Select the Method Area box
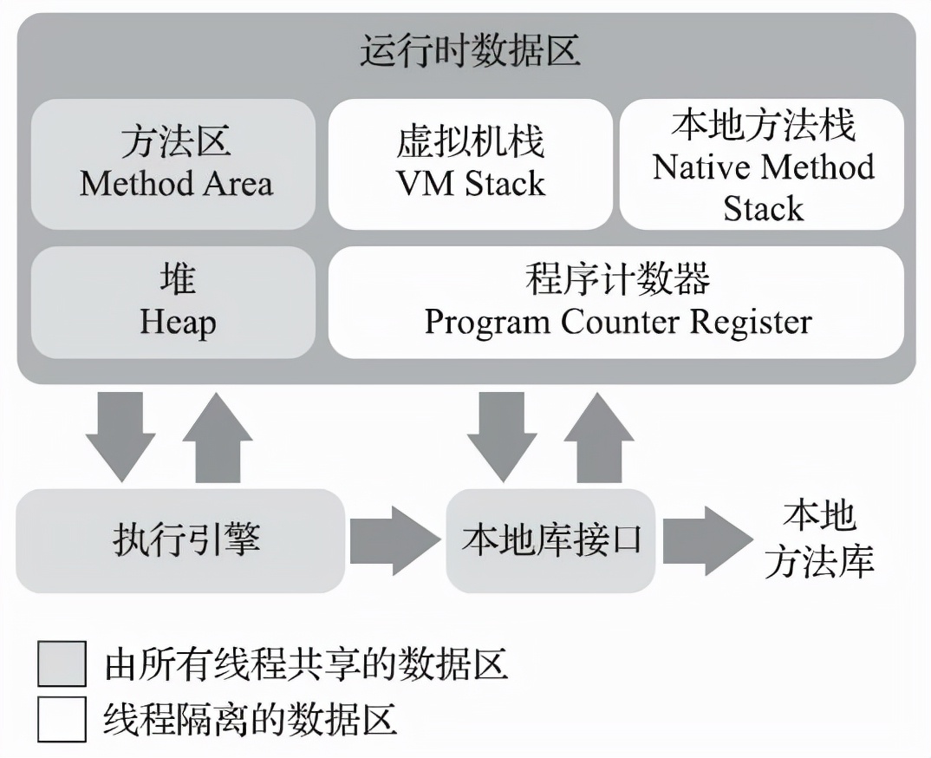tap(174, 164)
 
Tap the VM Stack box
tap(470, 164)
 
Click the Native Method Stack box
tap(763, 164)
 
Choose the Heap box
tap(174, 303)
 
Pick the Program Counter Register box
tap(616, 303)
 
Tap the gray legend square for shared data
tap(62, 664)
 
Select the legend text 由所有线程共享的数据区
tap(305, 665)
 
